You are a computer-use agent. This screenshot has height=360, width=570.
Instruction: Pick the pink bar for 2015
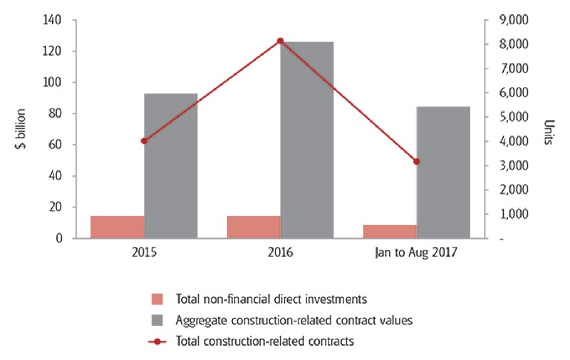pos(117,227)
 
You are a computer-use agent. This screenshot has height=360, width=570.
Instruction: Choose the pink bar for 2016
pos(254,227)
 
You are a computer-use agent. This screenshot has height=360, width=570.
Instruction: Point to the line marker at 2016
pos(280,41)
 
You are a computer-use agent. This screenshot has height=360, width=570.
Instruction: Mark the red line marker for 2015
pos(144,141)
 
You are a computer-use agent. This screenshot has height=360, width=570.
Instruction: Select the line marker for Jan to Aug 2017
pos(417,162)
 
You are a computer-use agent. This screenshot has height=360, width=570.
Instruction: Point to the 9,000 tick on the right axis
pos(507,20)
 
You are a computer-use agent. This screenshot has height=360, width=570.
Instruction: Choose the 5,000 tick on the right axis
pos(507,117)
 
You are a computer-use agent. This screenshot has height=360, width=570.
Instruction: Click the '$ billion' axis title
pos(21,129)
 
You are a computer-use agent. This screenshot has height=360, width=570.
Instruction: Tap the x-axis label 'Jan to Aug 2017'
pos(417,253)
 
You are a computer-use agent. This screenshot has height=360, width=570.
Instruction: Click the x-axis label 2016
pos(280,253)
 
